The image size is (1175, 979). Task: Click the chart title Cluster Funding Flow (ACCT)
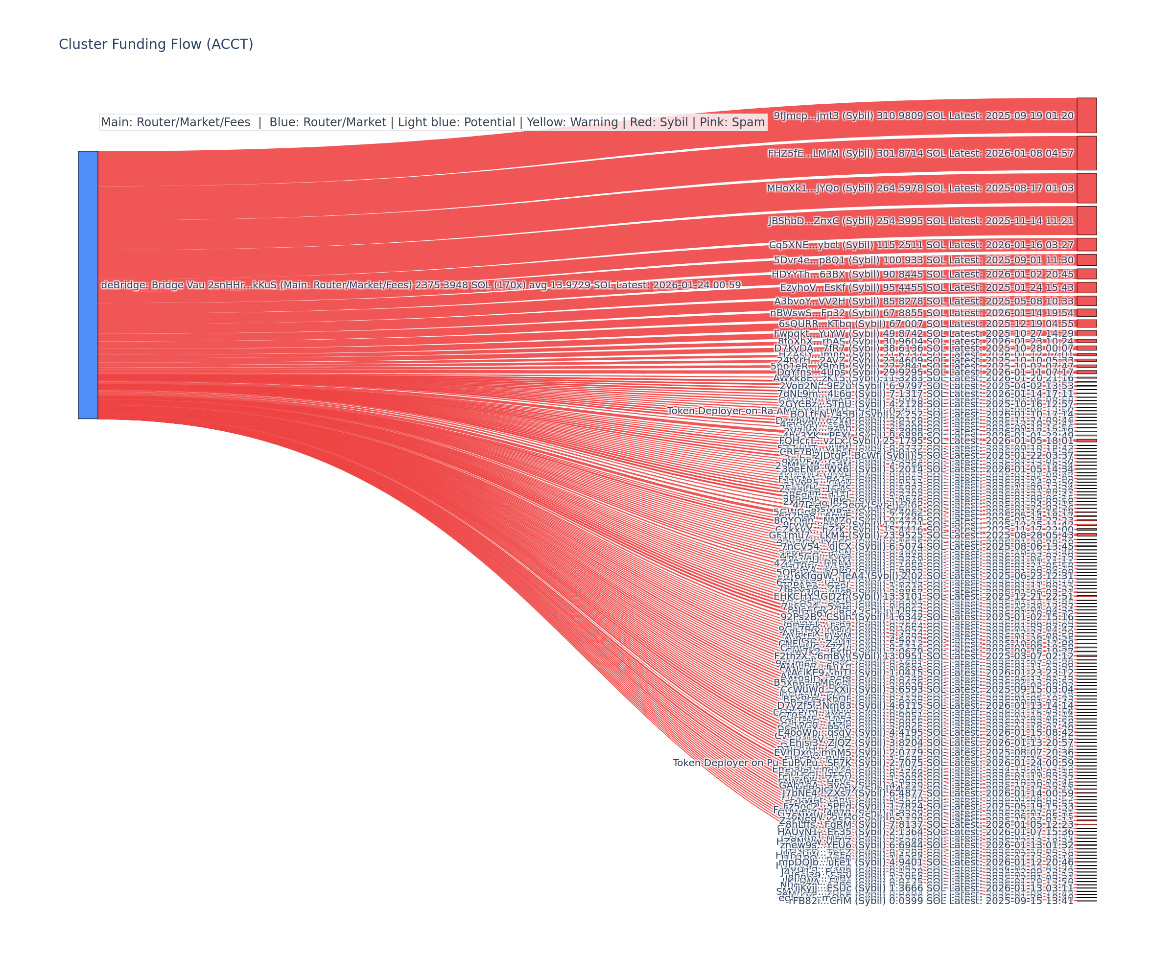coord(156,44)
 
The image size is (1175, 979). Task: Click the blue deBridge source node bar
coord(88,285)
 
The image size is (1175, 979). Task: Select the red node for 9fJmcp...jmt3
coord(1086,115)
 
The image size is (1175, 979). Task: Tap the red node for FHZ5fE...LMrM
coord(1086,153)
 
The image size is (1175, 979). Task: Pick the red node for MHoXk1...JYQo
coord(1086,188)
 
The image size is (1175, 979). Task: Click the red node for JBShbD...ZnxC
coord(1086,220)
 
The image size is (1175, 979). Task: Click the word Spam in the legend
coord(749,122)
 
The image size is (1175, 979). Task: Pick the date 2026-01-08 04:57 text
coord(1029,153)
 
